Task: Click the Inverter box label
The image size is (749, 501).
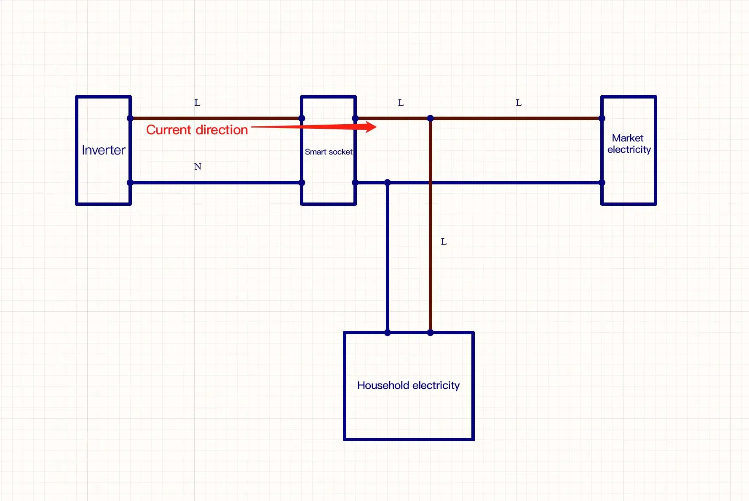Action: (x=104, y=150)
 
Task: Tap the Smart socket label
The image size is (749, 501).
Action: (x=329, y=152)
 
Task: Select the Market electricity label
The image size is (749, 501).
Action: (x=629, y=144)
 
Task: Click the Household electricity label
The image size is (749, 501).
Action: (x=408, y=385)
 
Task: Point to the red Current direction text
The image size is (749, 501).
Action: (x=197, y=130)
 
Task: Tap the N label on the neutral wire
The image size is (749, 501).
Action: (x=198, y=167)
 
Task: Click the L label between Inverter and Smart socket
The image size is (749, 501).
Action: (x=197, y=103)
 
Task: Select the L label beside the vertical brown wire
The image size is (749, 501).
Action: (x=444, y=242)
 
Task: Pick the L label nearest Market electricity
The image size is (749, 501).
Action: (x=519, y=103)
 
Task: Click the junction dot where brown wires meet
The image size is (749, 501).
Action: (x=430, y=118)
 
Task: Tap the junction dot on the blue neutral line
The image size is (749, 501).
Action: (x=388, y=183)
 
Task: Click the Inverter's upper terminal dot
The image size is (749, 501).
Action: (x=130, y=118)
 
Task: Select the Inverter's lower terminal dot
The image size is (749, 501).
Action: (x=130, y=183)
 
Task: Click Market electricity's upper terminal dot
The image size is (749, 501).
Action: (x=602, y=118)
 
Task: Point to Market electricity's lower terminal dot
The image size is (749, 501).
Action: (x=602, y=183)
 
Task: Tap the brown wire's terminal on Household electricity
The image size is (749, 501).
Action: (x=430, y=333)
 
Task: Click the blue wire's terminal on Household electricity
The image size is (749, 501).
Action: (x=388, y=333)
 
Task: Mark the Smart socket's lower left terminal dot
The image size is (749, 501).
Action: (x=302, y=183)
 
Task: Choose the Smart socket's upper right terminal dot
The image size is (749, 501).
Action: (x=355, y=118)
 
